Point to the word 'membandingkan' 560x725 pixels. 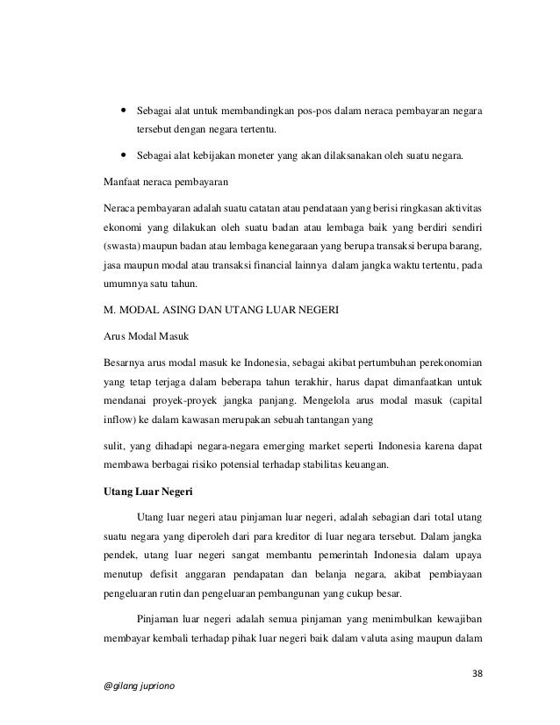260,113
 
